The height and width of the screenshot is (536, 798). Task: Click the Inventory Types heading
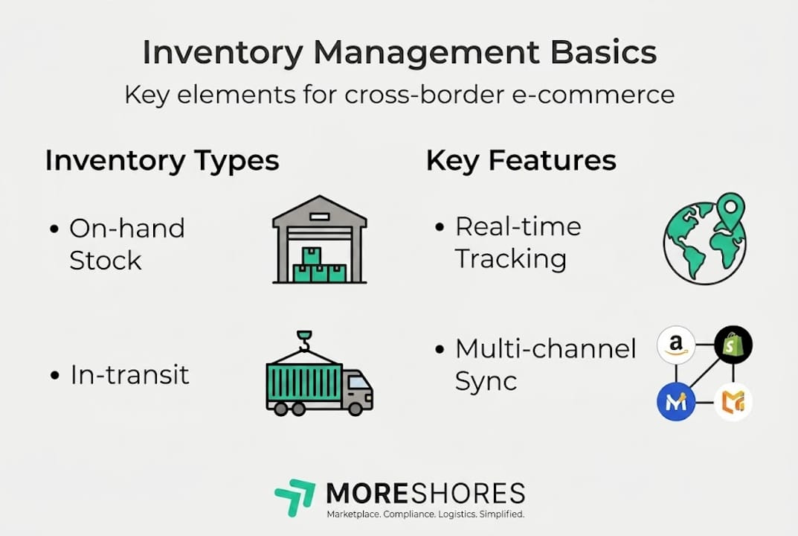pos(162,161)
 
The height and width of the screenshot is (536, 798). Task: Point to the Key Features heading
pos(521,161)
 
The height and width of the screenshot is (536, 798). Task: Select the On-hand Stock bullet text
pos(126,244)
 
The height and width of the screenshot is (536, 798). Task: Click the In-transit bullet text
pos(129,374)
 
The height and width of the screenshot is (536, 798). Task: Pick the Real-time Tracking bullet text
pos(518,243)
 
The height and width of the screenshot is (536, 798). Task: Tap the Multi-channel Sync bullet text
pos(545,364)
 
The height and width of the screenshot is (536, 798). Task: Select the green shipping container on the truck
pos(304,381)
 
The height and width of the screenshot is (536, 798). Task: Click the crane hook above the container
pos(303,341)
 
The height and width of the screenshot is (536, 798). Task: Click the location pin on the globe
pos(731,207)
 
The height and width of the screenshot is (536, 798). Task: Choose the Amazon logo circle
pos(675,345)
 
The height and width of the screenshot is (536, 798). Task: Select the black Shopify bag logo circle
pos(733,345)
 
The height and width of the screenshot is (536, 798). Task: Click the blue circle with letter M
pos(675,402)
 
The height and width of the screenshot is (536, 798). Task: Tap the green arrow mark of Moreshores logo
pos(295,497)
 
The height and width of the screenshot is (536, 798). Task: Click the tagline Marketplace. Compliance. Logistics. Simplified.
pos(426,514)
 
